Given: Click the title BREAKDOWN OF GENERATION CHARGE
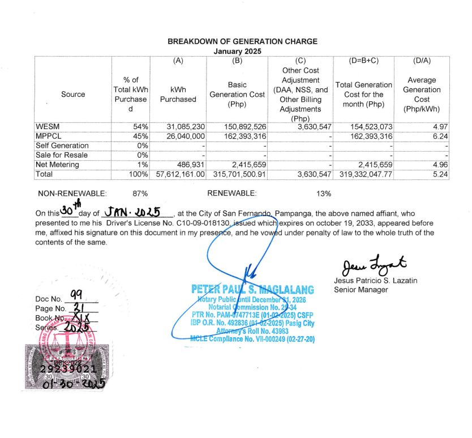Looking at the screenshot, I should point(242,41).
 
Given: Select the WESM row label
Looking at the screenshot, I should point(47,126).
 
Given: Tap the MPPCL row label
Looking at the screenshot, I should point(50,136).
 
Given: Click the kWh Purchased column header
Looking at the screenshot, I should point(178,95).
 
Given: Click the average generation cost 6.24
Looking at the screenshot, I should point(440,136).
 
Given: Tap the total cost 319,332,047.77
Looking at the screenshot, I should point(363,175).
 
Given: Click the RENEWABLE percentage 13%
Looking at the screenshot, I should point(324,194).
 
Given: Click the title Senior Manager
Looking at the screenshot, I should point(361,290).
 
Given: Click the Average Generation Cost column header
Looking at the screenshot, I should point(421,95).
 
